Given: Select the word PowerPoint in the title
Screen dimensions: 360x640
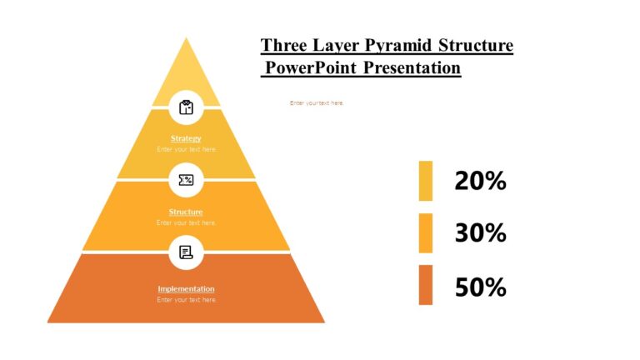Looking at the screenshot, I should [310, 67].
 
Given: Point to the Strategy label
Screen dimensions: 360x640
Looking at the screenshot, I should [186, 138].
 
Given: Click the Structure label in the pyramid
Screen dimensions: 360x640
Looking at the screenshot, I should [186, 212].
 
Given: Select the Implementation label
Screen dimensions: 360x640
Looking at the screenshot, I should [186, 289].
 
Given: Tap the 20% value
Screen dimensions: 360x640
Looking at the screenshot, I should [480, 181].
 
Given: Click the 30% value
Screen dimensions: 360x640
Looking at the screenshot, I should [480, 233].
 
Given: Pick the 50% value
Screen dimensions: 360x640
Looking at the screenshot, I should [480, 287].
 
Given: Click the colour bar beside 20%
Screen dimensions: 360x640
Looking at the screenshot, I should [425, 181].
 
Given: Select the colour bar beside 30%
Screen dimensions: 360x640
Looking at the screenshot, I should [425, 233].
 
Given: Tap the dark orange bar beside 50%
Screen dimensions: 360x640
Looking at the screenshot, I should [425, 285].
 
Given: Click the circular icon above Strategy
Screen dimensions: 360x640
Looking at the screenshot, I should [186, 107].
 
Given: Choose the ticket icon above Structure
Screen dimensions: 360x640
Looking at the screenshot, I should [186, 179].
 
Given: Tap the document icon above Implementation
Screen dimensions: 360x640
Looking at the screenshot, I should [186, 252].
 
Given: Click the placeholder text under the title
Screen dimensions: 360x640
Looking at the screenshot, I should [317, 103].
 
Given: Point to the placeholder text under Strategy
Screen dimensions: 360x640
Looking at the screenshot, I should [186, 149].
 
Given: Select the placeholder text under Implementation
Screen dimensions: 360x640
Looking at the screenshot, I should [186, 299].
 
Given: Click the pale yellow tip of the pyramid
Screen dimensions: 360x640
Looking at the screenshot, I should [186, 79].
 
